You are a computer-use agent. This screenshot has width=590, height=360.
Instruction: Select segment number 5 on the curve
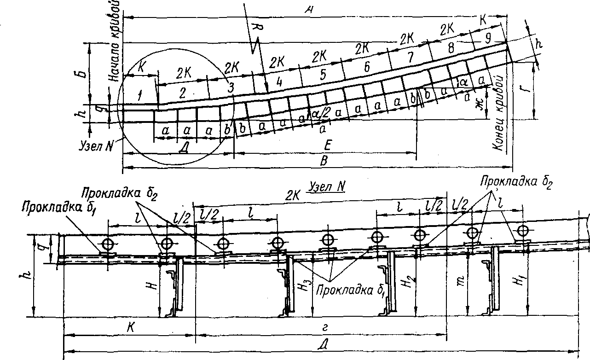pos(322,74)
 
